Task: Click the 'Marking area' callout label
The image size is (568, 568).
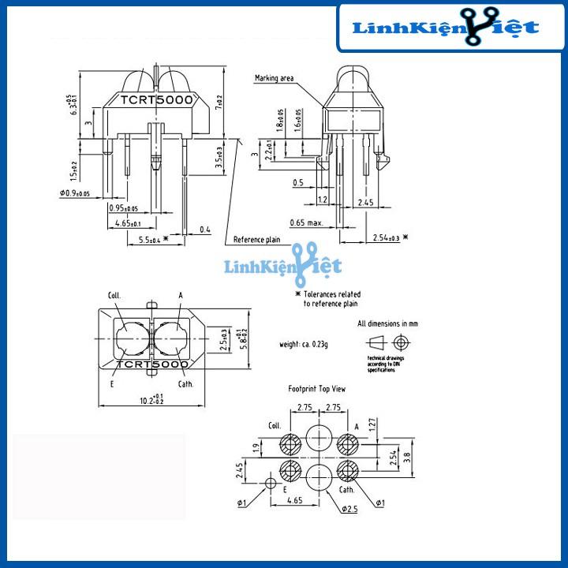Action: click(275, 78)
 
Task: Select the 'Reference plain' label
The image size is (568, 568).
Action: click(256, 240)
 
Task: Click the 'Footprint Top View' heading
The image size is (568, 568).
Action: click(316, 389)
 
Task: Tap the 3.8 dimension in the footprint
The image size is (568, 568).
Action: click(406, 455)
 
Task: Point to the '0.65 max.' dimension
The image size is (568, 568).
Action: click(306, 222)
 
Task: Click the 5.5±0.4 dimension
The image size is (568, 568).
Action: click(151, 239)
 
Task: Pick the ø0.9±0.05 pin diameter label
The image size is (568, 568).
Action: click(74, 193)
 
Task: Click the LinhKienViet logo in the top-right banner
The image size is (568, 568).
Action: click(445, 29)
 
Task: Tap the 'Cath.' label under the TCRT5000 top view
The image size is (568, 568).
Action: click(185, 384)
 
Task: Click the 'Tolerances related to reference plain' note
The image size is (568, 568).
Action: click(331, 297)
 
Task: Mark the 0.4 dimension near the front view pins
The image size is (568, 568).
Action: click(205, 230)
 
